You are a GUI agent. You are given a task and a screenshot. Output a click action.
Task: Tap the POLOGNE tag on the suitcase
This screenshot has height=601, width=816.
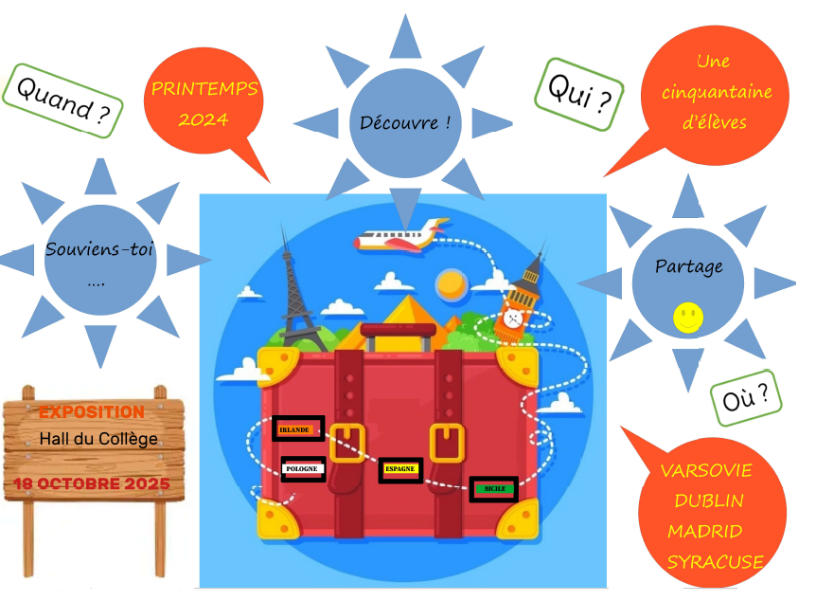click(304, 468)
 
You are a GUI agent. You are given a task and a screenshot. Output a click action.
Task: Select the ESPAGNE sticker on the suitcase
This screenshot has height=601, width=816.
click(399, 470)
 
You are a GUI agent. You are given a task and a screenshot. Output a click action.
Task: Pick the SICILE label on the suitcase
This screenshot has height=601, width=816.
click(494, 489)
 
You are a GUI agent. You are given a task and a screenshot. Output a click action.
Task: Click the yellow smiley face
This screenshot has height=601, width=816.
click(688, 319)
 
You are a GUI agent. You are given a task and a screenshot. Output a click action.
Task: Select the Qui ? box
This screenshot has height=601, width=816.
click(579, 95)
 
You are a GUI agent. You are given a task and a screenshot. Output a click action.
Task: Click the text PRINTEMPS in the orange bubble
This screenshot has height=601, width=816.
click(204, 90)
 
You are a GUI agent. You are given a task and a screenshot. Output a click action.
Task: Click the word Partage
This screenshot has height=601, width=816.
click(688, 266)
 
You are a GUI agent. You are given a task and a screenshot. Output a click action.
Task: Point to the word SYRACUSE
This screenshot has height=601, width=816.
click(715, 562)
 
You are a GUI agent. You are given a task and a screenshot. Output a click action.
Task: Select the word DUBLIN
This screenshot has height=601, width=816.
click(708, 501)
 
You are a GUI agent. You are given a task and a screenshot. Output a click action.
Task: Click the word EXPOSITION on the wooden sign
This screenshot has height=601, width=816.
click(92, 412)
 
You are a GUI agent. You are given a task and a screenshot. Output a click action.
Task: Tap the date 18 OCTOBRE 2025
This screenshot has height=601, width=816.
click(92, 484)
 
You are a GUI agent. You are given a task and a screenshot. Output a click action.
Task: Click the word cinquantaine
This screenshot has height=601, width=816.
click(717, 92)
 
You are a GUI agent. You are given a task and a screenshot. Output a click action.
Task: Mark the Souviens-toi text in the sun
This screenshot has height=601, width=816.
click(99, 251)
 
